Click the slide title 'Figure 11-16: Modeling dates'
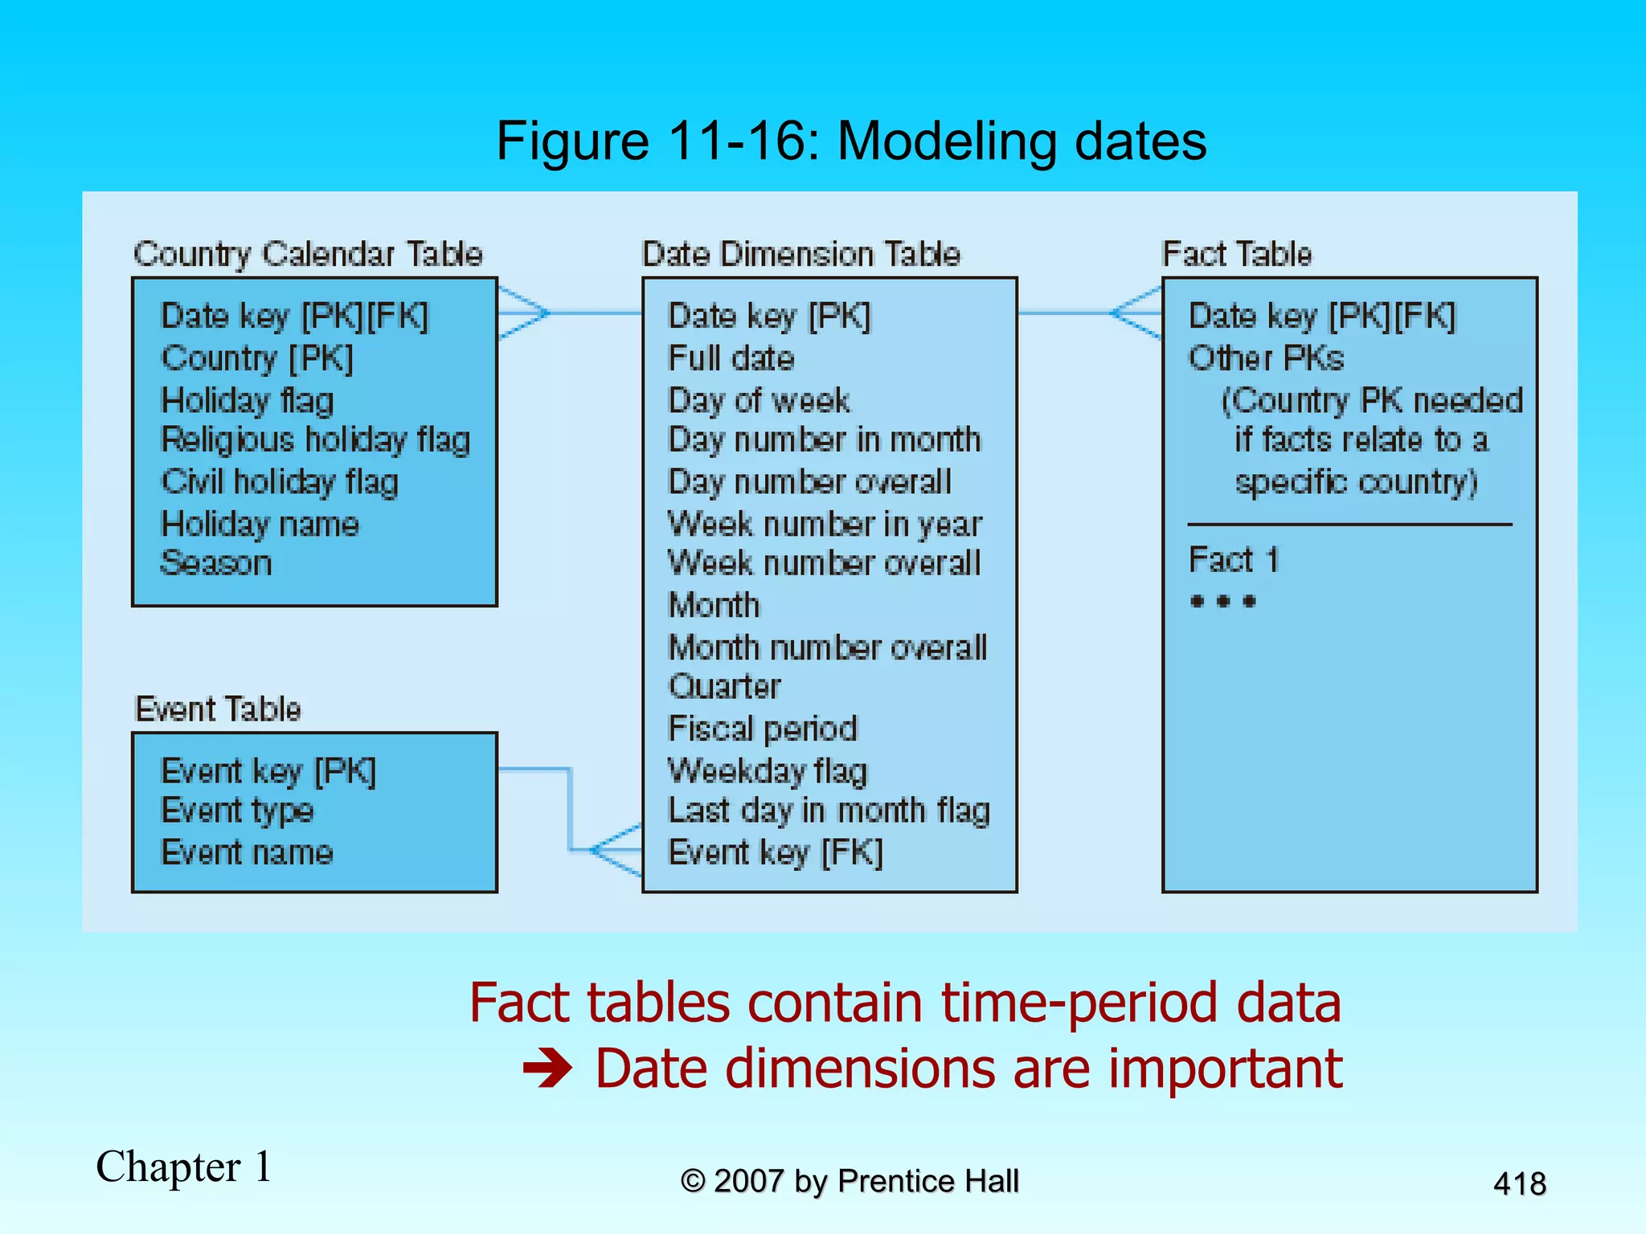click(851, 141)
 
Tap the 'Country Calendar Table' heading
click(308, 254)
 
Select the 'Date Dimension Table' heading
click(800, 254)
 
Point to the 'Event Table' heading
click(218, 709)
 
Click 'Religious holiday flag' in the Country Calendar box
click(315, 440)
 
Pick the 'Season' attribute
click(216, 563)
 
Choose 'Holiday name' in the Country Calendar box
click(260, 524)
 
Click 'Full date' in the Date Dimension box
click(731, 358)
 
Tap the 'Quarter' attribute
click(724, 687)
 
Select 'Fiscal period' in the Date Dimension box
click(763, 729)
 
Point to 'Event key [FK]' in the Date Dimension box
click(776, 852)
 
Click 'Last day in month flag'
click(829, 811)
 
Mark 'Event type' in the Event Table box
click(237, 811)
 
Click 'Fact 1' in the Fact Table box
click(1233, 559)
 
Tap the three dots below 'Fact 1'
click(1222, 601)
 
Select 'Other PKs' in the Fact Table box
click(1266, 358)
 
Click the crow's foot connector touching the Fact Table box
click(1137, 313)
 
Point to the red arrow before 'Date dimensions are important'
click(547, 1069)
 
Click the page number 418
click(1519, 1183)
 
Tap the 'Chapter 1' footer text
click(184, 1167)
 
